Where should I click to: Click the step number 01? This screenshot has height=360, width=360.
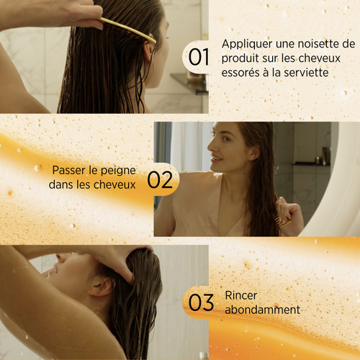pyautogui.click(x=199, y=58)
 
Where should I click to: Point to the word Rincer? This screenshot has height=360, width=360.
pyautogui.click(x=240, y=295)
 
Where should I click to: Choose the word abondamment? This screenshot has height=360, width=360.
pyautogui.click(x=262, y=310)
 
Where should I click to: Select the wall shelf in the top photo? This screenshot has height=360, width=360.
pyautogui.click(x=189, y=83)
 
